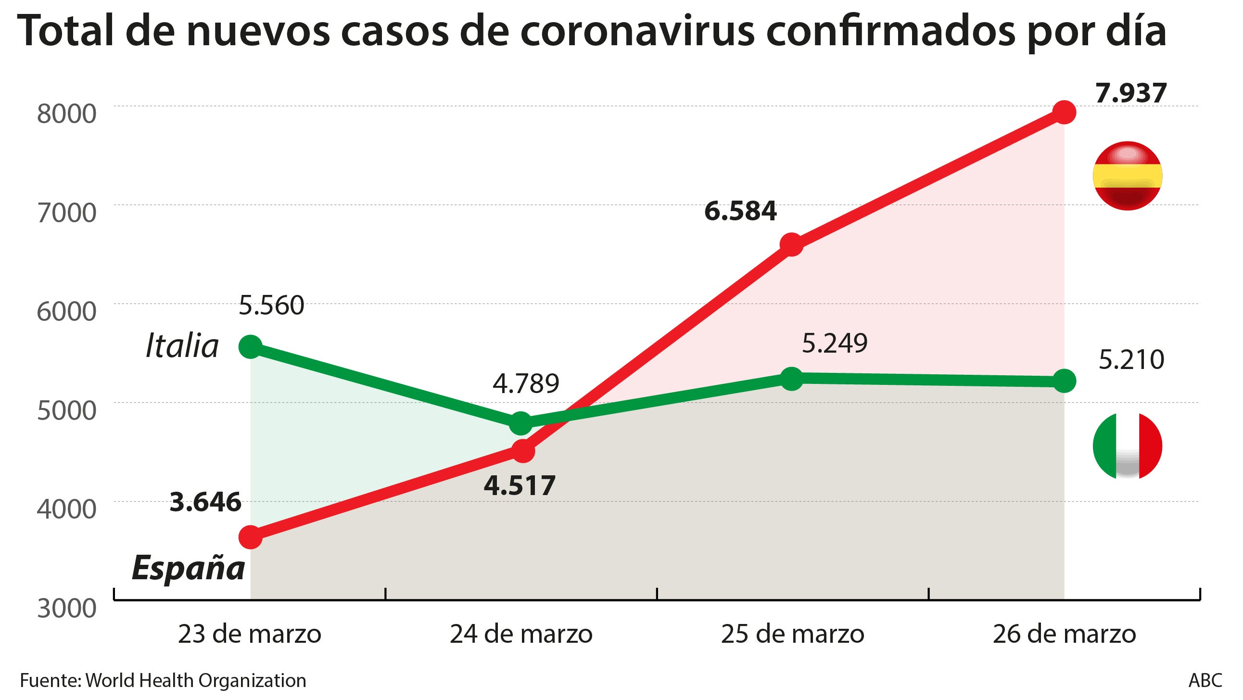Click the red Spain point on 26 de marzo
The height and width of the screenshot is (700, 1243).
[1064, 112]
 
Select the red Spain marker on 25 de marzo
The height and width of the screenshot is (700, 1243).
[792, 244]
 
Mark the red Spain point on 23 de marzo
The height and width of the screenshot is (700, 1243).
[251, 537]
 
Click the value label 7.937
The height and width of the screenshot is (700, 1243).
[1130, 93]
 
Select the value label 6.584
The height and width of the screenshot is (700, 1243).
[740, 211]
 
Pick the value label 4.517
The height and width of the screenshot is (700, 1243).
[519, 485]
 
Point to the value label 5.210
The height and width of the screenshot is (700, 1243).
[1131, 360]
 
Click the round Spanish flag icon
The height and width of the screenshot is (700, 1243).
[1127, 176]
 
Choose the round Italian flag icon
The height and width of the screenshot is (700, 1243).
[1127, 445]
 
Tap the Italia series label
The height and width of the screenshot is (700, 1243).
[182, 345]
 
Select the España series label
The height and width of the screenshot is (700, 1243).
[188, 568]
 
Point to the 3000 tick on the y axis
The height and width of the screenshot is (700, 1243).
[66, 608]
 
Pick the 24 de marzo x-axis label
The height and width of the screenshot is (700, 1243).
[521, 634]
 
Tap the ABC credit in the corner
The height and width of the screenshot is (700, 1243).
[1205, 680]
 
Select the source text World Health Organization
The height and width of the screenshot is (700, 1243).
[195, 680]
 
